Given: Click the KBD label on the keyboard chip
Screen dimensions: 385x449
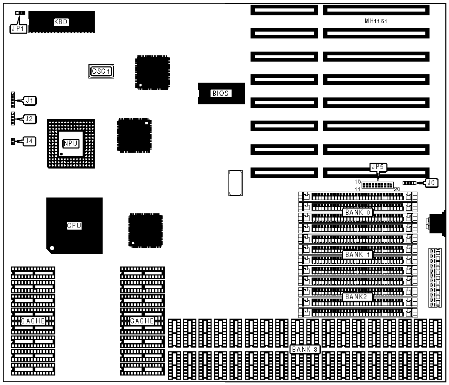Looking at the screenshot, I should pos(62,22).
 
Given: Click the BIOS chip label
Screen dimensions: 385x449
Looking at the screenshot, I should pos(221,94).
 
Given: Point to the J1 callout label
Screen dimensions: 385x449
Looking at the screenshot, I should pos(30,100).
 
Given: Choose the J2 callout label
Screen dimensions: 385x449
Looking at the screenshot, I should pos(30,119).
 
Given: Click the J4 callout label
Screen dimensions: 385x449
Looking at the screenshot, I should pos(30,141).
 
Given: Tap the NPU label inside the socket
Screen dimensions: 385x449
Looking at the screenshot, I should pos(71,143).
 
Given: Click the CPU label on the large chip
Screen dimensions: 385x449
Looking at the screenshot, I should pos(74,226).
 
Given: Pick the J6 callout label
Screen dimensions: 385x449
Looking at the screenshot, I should pos(431,183).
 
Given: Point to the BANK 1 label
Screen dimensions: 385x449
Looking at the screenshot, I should pos(358,255).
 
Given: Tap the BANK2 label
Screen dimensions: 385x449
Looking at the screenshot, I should pos(358,297).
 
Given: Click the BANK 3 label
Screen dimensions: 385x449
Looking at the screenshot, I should pos(305,349).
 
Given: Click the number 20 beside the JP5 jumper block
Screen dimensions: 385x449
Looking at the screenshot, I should pos(397,189).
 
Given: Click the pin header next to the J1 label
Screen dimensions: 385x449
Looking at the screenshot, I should pos(12,99).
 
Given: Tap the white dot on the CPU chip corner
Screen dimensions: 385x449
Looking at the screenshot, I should pos(52,248).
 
